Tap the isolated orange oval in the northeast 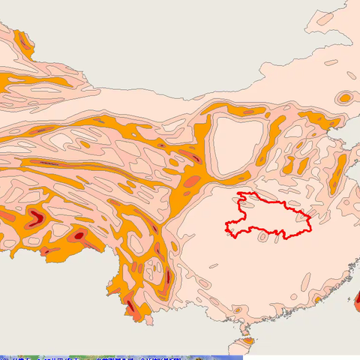point(345,97)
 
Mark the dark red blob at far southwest point(36,219)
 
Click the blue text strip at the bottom point(120,358)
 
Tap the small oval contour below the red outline point(263,237)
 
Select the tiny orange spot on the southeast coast point(318,300)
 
